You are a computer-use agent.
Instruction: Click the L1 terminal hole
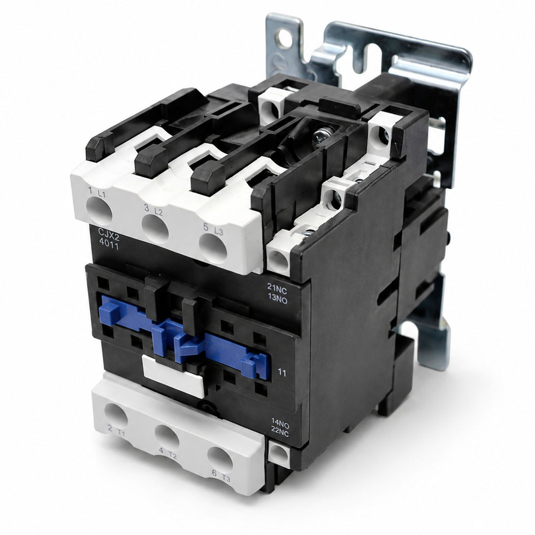click(x=100, y=211)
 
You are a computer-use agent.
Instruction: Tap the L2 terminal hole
click(x=155, y=228)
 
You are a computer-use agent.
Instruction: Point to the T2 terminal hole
click(x=167, y=437)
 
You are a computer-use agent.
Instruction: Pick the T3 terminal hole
click(x=220, y=460)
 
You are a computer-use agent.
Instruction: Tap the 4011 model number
click(x=109, y=244)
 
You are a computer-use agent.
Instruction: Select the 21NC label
click(x=277, y=292)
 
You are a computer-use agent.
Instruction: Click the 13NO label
click(x=277, y=300)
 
